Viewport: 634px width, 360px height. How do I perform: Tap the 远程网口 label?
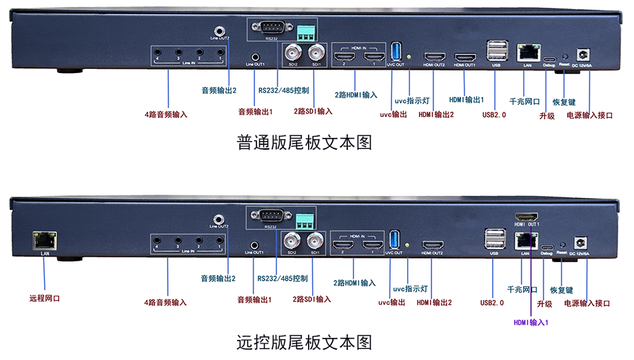[x=45, y=299]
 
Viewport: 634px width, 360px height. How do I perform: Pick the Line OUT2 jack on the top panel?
[x=219, y=30]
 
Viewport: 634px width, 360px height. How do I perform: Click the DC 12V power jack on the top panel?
[x=585, y=53]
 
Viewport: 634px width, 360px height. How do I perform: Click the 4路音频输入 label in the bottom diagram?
[x=165, y=302]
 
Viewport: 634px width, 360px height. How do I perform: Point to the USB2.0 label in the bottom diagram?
[x=493, y=301]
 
